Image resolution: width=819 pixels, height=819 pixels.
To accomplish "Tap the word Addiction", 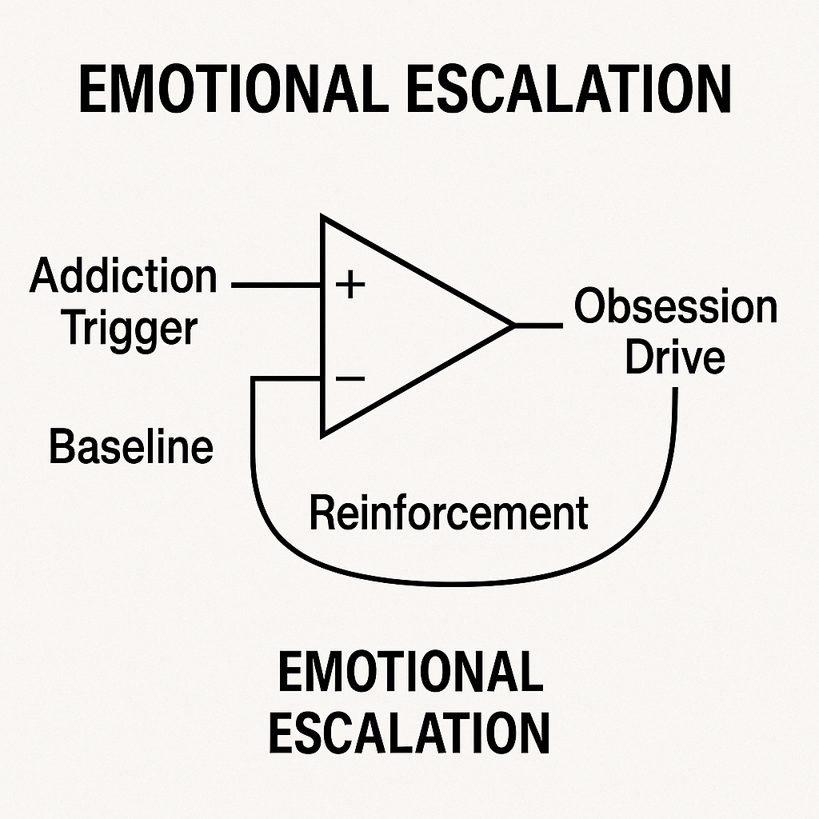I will pos(123,277).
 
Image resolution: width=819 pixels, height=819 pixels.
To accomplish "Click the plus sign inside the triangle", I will pos(349,285).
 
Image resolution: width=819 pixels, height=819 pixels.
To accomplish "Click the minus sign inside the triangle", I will pos(350,378).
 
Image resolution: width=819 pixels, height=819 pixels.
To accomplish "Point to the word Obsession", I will pos(676,306).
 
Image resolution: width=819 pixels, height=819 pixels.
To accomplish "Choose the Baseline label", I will pos(131,447).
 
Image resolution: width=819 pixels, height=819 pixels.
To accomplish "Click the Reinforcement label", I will pos(448,513).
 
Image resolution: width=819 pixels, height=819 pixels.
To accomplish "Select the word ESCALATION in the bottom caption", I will pos(409,733).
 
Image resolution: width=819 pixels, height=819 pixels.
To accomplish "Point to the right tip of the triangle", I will pos(512,325).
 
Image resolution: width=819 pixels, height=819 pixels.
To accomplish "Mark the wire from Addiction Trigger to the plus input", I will pos(276,285).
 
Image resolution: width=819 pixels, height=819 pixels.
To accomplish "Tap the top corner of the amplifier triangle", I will pos(322,218).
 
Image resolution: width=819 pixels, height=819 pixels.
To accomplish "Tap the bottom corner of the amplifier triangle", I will pos(322,435).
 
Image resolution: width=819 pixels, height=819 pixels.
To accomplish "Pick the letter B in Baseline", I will pos(60,447).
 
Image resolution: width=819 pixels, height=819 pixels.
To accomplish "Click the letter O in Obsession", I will pos(589,306).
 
